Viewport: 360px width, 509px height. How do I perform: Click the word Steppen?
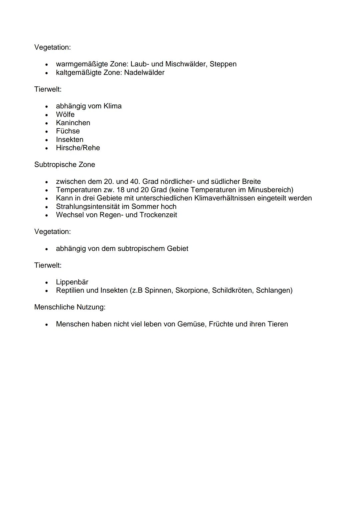223,64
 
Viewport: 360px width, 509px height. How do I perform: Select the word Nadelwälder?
144,72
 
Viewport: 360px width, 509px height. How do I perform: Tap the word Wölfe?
65,114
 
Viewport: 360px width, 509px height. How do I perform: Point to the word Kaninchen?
73,123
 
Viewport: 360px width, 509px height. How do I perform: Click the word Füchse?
68,131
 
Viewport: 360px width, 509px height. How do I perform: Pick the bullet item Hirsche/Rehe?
78,148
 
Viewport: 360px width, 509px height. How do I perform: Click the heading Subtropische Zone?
65,165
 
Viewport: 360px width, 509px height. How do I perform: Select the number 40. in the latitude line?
134,182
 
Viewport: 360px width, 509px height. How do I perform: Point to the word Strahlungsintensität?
88,207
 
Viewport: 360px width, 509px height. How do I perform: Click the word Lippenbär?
72,282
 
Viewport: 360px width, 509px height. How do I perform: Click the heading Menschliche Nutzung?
70,307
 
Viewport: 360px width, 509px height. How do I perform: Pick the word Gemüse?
191,324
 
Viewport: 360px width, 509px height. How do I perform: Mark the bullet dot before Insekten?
48,140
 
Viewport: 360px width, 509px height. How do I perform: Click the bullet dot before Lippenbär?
48,282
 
